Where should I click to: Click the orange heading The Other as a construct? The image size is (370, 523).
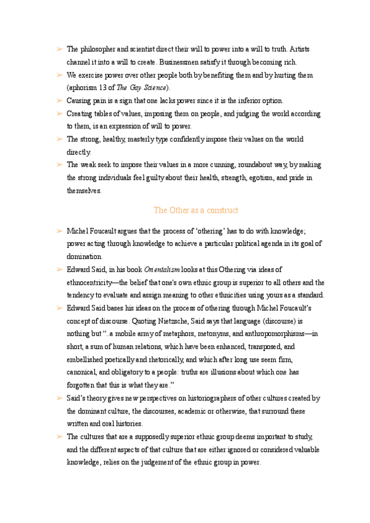(x=196, y=210)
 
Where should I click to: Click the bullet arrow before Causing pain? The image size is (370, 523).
(x=58, y=101)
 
